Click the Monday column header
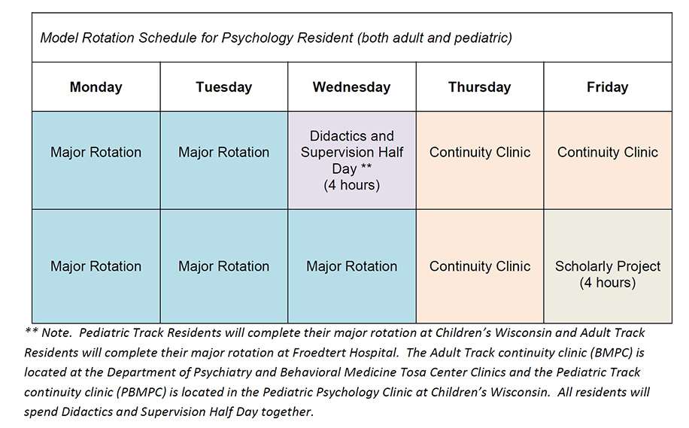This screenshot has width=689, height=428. click(x=96, y=87)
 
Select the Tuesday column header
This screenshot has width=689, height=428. click(x=223, y=87)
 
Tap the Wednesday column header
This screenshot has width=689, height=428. click(x=351, y=87)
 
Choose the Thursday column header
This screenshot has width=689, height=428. click(x=479, y=87)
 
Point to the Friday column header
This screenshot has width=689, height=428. click(x=607, y=87)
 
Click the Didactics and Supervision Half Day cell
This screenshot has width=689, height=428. click(x=351, y=160)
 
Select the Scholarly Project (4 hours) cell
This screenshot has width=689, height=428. click(x=607, y=275)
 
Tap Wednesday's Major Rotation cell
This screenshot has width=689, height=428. click(x=351, y=266)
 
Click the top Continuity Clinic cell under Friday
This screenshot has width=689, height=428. click(x=607, y=152)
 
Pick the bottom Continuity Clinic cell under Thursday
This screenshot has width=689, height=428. click(x=479, y=266)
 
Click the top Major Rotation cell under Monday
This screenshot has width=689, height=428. click(x=96, y=152)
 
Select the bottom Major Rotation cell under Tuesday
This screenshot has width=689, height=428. click(x=223, y=266)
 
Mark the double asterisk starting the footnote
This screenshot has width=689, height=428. click(x=32, y=332)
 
